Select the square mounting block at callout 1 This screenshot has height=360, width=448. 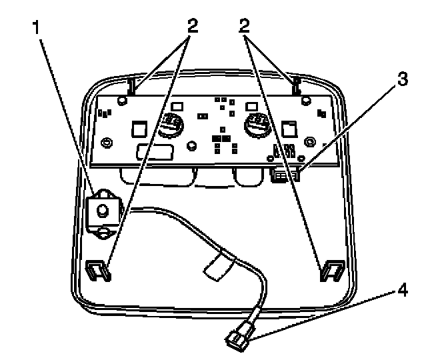(103, 209)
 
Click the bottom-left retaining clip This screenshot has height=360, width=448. (97, 268)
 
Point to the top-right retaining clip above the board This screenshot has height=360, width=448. (295, 84)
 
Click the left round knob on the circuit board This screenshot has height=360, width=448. (171, 125)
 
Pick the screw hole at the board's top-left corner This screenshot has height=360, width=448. (122, 101)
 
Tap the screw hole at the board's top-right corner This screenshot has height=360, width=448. (305, 101)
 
